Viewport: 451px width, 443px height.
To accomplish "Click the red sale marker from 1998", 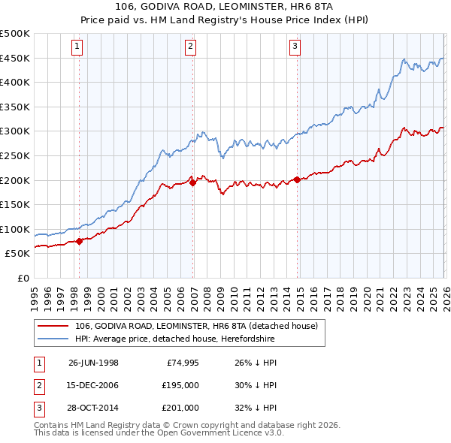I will (x=80, y=241).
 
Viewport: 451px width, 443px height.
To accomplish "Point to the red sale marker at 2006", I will (x=193, y=182).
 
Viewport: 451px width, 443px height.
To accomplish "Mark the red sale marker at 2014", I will (x=297, y=179).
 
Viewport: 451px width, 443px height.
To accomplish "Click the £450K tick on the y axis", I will (x=15, y=58).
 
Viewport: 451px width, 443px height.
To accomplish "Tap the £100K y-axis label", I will (x=15, y=229).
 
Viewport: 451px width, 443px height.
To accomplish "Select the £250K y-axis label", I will (x=15, y=155).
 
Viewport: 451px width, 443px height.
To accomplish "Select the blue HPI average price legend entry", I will (x=175, y=339).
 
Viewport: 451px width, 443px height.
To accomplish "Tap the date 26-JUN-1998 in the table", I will (x=93, y=363).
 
